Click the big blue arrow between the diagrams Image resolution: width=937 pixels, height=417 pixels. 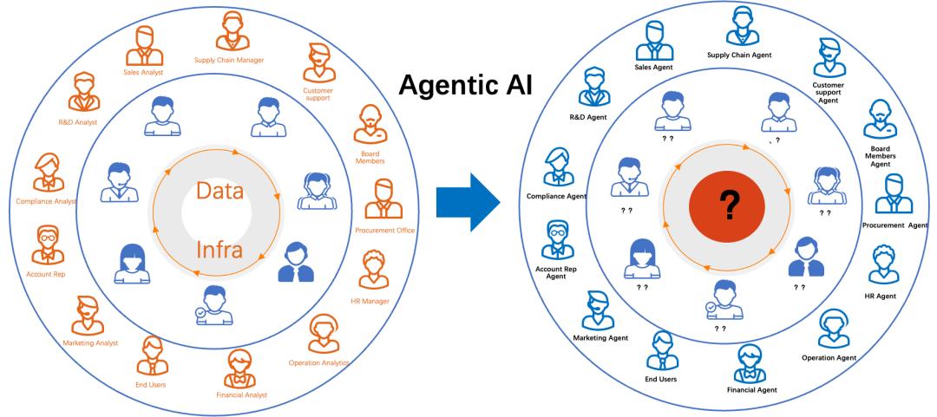pos(468,203)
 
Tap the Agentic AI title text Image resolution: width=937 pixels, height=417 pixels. pos(466,86)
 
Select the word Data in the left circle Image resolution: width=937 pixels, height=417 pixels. pos(220,192)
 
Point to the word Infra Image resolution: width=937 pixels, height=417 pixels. pos(220,249)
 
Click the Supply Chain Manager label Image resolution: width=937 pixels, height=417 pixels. pos(229,60)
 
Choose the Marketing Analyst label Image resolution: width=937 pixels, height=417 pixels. pos(90,343)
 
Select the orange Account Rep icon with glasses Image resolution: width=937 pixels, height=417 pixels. pos(48,245)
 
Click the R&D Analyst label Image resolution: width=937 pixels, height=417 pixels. pos(78,122)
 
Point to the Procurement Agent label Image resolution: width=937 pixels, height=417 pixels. pos(894,225)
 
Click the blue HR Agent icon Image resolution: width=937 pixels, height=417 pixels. pos(883,264)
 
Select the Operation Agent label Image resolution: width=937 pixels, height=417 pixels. pos(829,358)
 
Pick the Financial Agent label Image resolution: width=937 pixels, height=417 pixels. pos(751,390)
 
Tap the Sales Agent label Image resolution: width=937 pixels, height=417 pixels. pos(654,68)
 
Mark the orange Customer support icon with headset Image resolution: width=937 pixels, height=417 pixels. pos(319,62)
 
